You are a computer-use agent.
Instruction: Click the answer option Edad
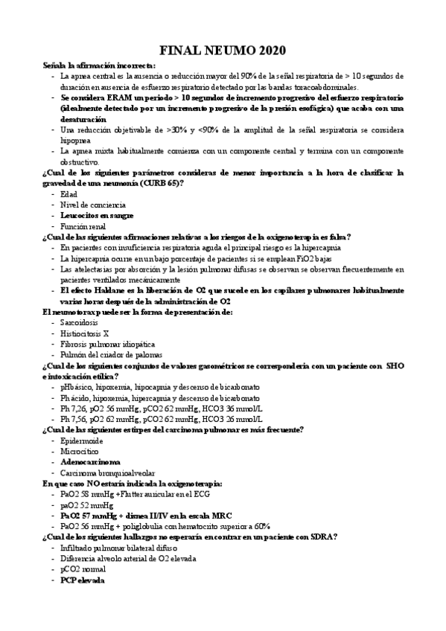pyautogui.click(x=69, y=194)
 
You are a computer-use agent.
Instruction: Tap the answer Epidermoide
pyautogui.click(x=82, y=441)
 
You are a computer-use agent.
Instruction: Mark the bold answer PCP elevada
pyautogui.click(x=83, y=580)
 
